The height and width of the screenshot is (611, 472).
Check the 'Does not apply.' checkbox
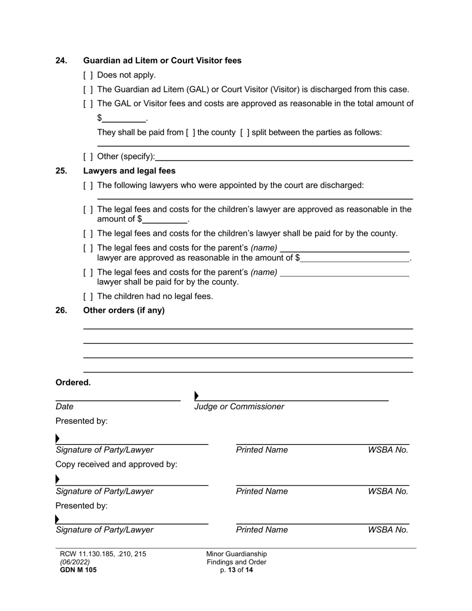pos(88,76)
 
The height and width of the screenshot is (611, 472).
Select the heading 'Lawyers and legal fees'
pos(129,171)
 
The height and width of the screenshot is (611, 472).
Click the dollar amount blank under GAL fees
pos(124,118)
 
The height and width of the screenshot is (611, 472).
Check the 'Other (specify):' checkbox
pos(88,157)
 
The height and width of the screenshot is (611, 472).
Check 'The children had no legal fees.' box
pos(88,297)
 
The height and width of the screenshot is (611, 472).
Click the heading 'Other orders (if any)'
pos(124,310)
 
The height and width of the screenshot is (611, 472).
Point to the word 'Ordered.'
pos(73,382)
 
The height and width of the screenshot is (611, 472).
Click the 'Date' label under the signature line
pos(65,407)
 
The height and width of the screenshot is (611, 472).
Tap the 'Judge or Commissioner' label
pos(239,407)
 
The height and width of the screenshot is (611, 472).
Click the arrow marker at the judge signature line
pos(197,396)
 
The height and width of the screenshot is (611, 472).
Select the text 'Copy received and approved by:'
pos(116,464)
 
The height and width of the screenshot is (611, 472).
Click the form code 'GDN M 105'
pos(78,570)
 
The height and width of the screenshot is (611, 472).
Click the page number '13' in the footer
pos(232,570)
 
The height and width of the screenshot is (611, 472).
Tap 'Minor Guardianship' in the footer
pos(236,554)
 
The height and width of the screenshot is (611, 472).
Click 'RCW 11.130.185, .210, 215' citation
pos(103,554)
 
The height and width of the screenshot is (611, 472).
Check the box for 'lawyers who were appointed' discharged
pos(88,186)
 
